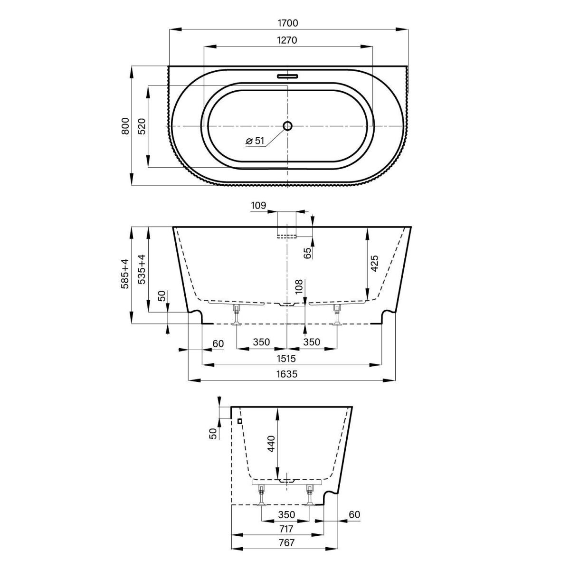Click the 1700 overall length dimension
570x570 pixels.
(287, 23)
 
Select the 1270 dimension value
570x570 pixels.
(286, 40)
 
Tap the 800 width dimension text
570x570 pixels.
(125, 126)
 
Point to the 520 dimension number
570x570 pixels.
(142, 126)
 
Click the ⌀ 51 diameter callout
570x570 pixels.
(255, 141)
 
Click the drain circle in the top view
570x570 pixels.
(287, 126)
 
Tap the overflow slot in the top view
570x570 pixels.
(287, 76)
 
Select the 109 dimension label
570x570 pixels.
(258, 205)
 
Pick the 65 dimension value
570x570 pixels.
(308, 253)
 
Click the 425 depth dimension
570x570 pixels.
(374, 263)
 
